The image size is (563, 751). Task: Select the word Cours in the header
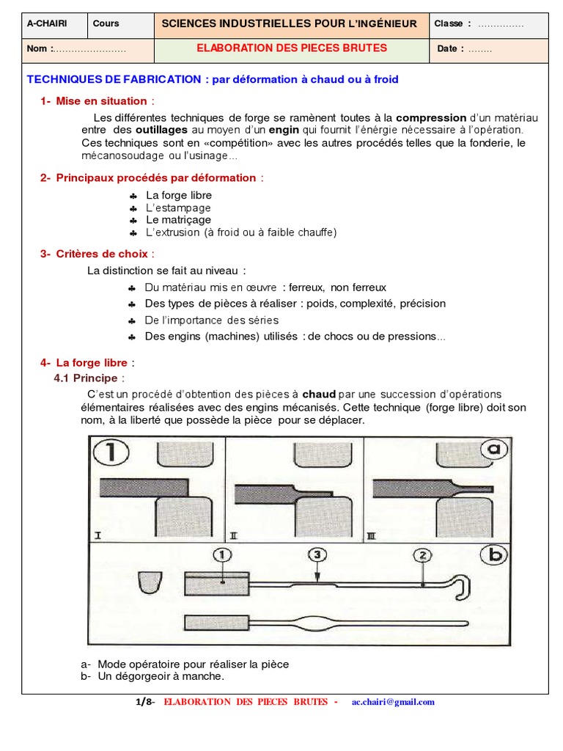(106, 23)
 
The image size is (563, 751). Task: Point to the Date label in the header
(451, 49)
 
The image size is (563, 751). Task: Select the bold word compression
(431, 117)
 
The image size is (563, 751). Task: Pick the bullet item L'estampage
(178, 208)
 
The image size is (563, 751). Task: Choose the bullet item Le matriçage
(178, 220)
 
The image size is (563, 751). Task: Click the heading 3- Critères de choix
(95, 254)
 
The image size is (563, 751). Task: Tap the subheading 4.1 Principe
(87, 378)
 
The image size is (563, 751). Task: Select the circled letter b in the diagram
(496, 554)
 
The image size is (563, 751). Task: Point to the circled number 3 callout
(316, 556)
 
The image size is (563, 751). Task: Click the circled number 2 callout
(423, 556)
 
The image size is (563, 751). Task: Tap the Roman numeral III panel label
(371, 536)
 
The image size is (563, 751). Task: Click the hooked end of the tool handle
(461, 587)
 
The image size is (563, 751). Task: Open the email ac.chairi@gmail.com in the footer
(393, 702)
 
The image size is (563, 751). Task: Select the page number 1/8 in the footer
(144, 702)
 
